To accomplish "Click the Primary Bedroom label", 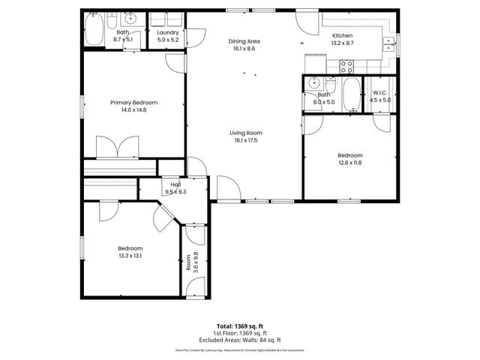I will click(x=133, y=102).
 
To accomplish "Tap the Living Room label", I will click(x=246, y=133).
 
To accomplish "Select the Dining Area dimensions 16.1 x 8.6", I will click(x=245, y=49).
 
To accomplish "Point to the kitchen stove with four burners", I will click(x=349, y=65).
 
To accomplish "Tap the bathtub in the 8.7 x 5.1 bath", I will click(x=94, y=30).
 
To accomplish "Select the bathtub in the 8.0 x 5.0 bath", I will click(x=350, y=94).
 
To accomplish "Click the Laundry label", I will click(x=166, y=33).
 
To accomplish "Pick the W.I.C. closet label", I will click(x=380, y=92).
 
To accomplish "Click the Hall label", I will click(x=175, y=184).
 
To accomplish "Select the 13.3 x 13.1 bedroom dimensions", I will click(x=130, y=256).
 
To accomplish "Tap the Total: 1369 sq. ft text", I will click(x=240, y=327).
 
